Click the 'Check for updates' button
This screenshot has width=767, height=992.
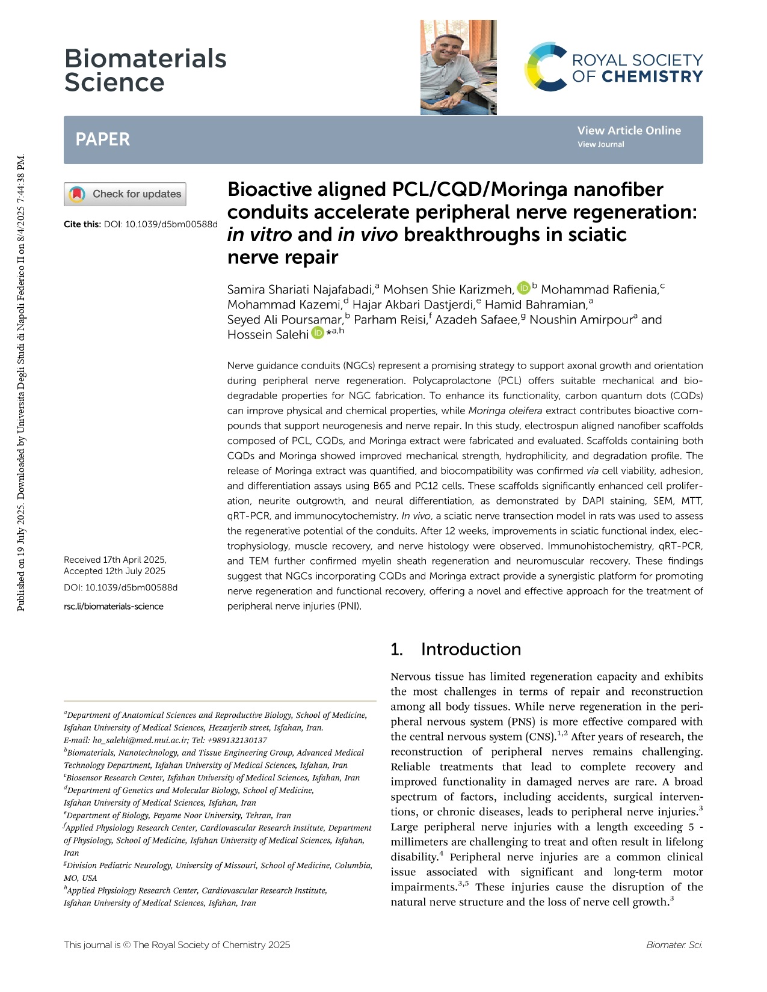point(125,194)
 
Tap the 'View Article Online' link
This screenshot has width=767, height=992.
point(629,130)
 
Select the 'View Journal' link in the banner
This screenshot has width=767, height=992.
point(600,144)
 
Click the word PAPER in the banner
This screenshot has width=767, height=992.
point(102,139)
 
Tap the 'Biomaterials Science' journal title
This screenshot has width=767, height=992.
point(145,70)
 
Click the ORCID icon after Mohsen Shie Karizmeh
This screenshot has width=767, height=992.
point(523,289)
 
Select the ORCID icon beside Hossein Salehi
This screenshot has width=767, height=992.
point(317,334)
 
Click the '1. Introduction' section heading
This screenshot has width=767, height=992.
point(455,649)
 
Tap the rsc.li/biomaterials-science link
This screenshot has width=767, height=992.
point(114,606)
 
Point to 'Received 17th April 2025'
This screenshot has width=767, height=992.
point(115,560)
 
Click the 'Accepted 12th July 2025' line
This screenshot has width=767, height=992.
point(114,571)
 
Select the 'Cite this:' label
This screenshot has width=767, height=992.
point(82,224)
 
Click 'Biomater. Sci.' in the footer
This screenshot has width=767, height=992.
point(674,945)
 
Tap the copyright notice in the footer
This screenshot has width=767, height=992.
point(177,945)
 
